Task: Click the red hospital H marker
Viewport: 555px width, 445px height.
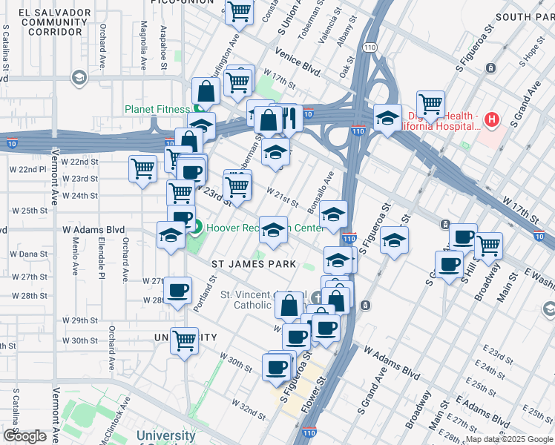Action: [x=490, y=119]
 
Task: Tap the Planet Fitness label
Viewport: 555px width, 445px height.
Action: [x=157, y=109]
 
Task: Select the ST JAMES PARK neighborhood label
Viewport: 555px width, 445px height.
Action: [x=254, y=264]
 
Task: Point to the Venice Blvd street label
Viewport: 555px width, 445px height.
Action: [x=298, y=63]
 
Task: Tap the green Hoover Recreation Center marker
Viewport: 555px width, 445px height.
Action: [x=197, y=228]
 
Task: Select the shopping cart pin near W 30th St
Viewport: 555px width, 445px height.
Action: [x=184, y=340]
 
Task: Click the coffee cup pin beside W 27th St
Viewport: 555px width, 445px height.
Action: [x=177, y=290]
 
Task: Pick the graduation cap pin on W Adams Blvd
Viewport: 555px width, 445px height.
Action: [x=171, y=235]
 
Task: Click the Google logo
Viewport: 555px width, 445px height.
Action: [x=24, y=436]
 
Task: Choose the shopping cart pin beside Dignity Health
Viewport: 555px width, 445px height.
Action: [x=430, y=103]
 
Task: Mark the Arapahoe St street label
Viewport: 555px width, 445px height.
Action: [x=163, y=49]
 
